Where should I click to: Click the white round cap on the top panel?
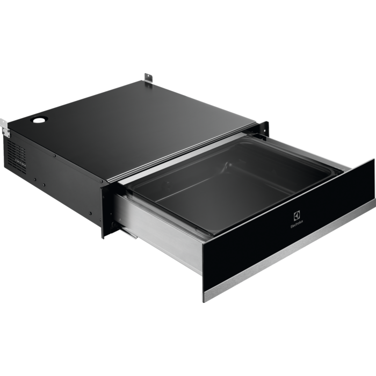pos(38,120)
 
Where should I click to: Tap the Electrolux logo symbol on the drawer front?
pos(297,215)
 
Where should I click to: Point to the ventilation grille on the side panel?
pos(16,154)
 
